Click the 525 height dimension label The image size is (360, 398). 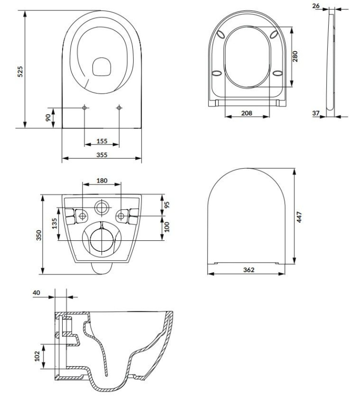click(x=20, y=72)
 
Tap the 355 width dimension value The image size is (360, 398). click(x=102, y=155)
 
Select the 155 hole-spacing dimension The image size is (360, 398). click(x=102, y=141)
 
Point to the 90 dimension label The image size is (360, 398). click(x=48, y=117)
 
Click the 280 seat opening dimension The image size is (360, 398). click(x=295, y=56)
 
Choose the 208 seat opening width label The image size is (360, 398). click(x=247, y=113)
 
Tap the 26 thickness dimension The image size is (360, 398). click(x=316, y=5)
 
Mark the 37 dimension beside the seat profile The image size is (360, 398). click(x=316, y=113)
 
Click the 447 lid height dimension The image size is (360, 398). click(x=299, y=217)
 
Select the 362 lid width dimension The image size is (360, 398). click(x=249, y=270)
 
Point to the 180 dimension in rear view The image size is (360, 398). click(x=102, y=181)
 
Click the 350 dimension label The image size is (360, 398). click(x=39, y=235)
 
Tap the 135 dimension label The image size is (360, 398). click(x=55, y=223)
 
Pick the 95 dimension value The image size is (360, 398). click(x=167, y=205)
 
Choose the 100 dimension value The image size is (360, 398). click(x=167, y=227)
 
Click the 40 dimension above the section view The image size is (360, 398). click(x=36, y=293)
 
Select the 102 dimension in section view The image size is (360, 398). click(x=37, y=356)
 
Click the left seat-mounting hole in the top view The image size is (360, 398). click(x=85, y=108)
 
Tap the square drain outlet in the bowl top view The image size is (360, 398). click(x=102, y=67)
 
